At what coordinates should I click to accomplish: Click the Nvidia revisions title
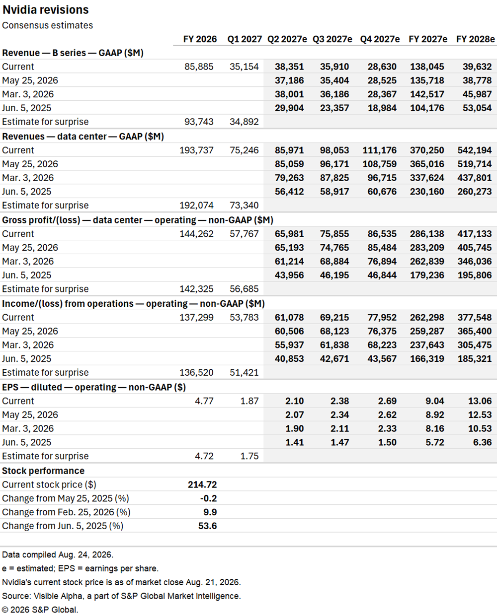[x=46, y=10]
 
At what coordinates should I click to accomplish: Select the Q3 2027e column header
[x=332, y=39]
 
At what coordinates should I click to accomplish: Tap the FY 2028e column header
[x=476, y=39]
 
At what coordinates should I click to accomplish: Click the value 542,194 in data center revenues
[x=474, y=150]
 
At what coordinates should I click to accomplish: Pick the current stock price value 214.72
[x=202, y=484]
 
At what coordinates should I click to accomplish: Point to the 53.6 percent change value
[x=208, y=526]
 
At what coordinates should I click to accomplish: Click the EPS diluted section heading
[x=94, y=387]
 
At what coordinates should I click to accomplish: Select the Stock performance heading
[x=43, y=471]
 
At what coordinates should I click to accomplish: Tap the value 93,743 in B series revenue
[x=199, y=122]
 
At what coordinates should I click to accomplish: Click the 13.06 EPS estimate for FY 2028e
[x=480, y=401]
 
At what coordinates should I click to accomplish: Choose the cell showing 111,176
[x=380, y=150]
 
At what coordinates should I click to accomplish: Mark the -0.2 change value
[x=208, y=498]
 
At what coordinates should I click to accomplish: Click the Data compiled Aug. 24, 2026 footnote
[x=58, y=555]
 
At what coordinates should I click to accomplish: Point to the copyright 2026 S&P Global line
[x=40, y=610]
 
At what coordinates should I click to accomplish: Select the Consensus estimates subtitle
[x=48, y=25]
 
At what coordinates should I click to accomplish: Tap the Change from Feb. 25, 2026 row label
[x=66, y=512]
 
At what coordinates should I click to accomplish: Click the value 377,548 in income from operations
[x=474, y=318]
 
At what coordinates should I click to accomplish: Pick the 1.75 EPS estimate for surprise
[x=249, y=456]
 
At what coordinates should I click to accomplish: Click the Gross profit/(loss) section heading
[x=138, y=220]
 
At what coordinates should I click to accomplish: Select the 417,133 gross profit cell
[x=474, y=234]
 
